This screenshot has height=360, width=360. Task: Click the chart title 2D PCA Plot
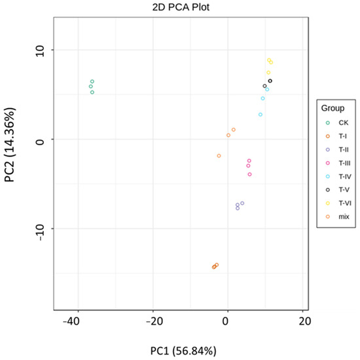click(180, 7)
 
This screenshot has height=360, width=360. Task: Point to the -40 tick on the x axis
click(77, 321)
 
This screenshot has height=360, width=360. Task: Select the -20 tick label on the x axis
click(153, 321)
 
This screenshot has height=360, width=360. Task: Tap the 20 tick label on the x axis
click(302, 321)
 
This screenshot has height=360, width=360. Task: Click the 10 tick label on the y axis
click(41, 50)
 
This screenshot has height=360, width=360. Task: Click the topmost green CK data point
click(92, 81)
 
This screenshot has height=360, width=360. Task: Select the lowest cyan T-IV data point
click(260, 115)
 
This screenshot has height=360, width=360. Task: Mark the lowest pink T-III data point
click(250, 174)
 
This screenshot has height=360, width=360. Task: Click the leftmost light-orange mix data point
click(219, 156)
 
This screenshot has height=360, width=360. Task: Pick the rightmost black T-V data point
click(270, 81)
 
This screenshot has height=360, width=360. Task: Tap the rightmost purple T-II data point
click(243, 203)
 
